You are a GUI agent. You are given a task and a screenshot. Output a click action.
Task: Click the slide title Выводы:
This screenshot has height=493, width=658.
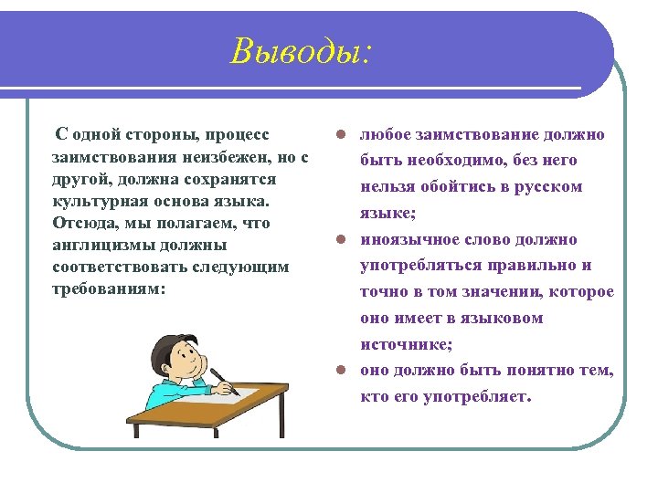click(302, 51)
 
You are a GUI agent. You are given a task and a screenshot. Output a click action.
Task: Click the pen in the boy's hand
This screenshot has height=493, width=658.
click(223, 381)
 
